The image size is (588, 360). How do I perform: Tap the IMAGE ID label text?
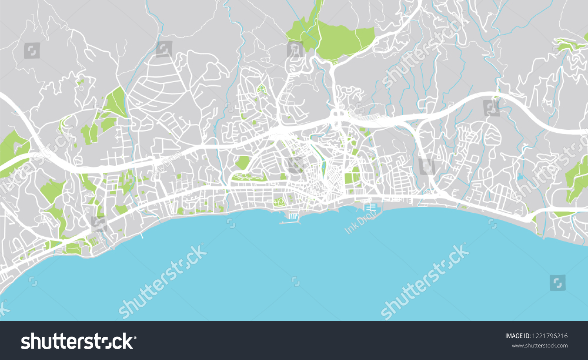[x=517, y=336]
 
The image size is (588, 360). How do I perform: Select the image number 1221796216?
[x=550, y=336]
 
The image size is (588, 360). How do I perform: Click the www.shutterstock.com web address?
[x=539, y=346]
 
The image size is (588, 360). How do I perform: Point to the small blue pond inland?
[x=520, y=177]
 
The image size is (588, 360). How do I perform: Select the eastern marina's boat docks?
[x=370, y=208]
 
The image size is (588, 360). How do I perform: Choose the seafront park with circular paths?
[x=279, y=202]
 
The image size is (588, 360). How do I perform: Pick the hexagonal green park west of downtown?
[x=243, y=163]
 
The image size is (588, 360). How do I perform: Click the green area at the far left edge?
[x=12, y=147]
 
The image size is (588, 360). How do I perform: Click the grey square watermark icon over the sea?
[x=557, y=282]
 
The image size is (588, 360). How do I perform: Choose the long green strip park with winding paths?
[x=249, y=177]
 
